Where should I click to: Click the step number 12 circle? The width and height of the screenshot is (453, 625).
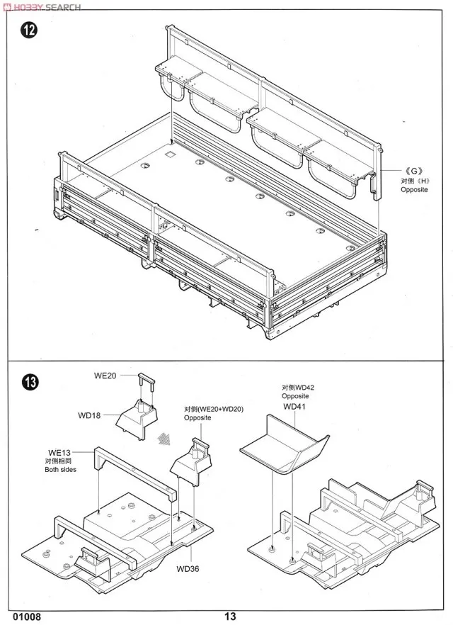click(x=29, y=32)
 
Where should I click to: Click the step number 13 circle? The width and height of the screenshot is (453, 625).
click(x=29, y=382)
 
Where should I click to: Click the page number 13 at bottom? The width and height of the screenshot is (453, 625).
click(x=231, y=616)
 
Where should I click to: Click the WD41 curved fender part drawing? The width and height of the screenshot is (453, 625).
click(x=285, y=442)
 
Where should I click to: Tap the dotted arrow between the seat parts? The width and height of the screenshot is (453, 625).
click(x=164, y=437)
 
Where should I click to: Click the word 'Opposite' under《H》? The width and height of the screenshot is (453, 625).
click(x=414, y=191)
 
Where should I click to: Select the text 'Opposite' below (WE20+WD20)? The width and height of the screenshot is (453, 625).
click(x=197, y=418)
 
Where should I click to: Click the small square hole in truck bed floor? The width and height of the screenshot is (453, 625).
click(x=169, y=153)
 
